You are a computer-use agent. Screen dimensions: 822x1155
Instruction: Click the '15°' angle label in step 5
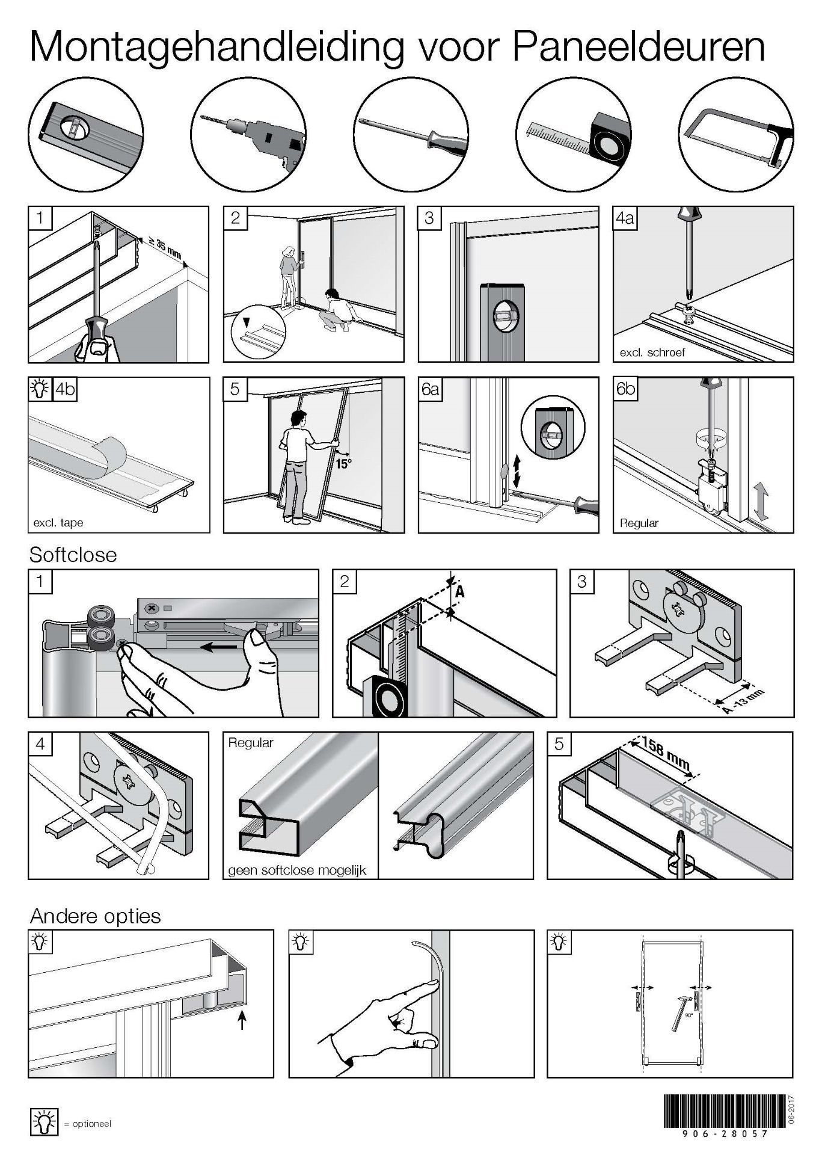[x=343, y=464]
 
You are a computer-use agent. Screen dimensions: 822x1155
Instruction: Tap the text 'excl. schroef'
[x=652, y=353]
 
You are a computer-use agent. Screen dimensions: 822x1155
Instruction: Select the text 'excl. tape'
[x=58, y=523]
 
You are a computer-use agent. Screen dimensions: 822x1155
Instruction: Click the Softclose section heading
[x=73, y=554]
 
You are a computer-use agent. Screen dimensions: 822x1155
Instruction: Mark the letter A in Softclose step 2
[x=460, y=592]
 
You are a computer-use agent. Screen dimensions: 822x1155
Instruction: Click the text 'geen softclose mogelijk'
[x=298, y=870]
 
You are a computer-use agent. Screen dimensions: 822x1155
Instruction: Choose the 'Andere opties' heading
[x=96, y=916]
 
